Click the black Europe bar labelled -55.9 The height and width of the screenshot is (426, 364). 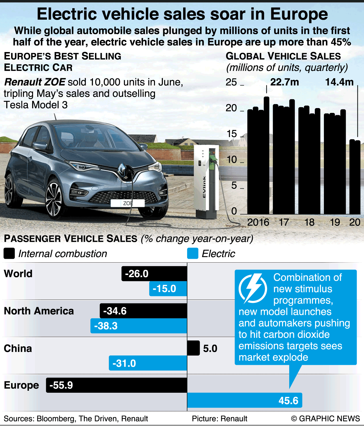117,385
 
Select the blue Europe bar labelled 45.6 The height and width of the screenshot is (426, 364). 245,400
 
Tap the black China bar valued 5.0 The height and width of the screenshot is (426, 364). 193,348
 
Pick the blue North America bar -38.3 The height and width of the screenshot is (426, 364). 139,326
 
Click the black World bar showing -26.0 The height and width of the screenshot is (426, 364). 154,274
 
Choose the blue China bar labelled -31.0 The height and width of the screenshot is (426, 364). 148,363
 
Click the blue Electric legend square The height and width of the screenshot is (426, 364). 193,253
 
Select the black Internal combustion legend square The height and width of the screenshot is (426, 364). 9,253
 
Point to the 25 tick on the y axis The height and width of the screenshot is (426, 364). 231,82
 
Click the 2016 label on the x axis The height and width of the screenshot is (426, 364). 258,222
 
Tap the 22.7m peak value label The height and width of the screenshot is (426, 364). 284,82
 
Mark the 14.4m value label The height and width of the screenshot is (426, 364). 339,82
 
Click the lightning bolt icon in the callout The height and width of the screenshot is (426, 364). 253,288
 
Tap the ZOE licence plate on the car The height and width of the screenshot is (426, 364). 128,203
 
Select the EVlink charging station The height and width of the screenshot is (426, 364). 207,182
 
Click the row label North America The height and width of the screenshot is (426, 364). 39,311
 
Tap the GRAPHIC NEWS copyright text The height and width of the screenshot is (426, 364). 325,419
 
